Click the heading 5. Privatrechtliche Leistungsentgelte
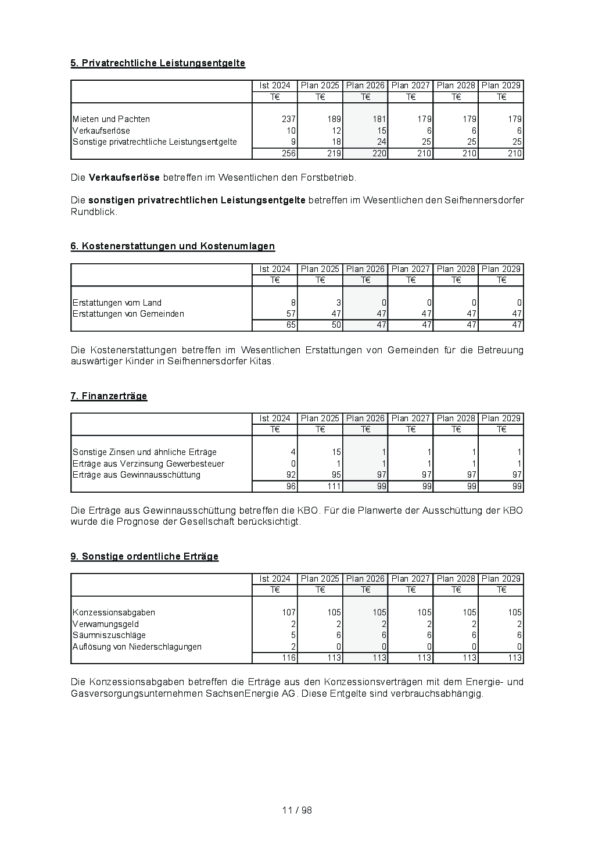coord(157,63)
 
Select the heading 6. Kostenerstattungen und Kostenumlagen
coord(173,246)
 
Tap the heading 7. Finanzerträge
coord(109,396)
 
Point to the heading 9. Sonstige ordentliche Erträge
coord(144,557)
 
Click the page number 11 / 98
coord(297,811)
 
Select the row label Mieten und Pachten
coord(111,119)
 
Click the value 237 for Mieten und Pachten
coord(289,119)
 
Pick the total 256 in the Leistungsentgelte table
coord(289,154)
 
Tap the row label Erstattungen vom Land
coord(117,303)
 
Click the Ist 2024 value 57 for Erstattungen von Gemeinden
coord(291,314)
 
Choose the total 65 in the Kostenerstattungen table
coord(291,325)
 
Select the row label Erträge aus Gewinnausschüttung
coord(136,475)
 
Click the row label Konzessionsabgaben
coord(113,612)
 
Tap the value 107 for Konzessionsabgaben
coord(289,612)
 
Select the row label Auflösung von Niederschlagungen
coord(137,647)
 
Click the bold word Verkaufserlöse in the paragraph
coord(124,177)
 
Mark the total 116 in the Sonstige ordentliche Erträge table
coord(289,658)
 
